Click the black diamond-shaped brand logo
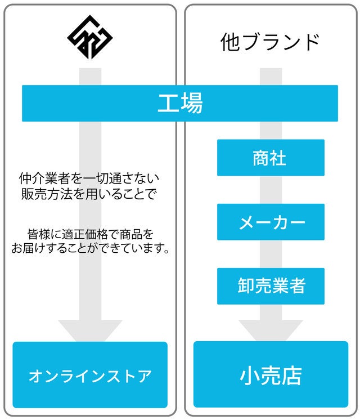pyautogui.click(x=89, y=37)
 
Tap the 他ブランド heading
pyautogui.click(x=270, y=42)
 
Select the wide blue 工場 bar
pyautogui.click(x=180, y=103)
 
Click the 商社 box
pyautogui.click(x=271, y=158)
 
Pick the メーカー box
pyautogui.click(x=271, y=222)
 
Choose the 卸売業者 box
pyautogui.click(x=271, y=286)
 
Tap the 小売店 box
pyautogui.click(x=271, y=374)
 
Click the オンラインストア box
pyautogui.click(x=90, y=375)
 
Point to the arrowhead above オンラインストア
pyautogui.click(x=90, y=330)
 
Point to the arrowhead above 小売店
pyautogui.click(x=271, y=330)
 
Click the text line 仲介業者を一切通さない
pyautogui.click(x=89, y=178)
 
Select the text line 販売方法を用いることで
pyautogui.click(x=89, y=194)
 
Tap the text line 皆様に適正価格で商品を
pyautogui.click(x=91, y=234)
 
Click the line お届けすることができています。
pyautogui.click(x=90, y=248)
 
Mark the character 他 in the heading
pyautogui.click(x=230, y=42)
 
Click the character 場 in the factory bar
pyautogui.click(x=192, y=103)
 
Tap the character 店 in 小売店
pyautogui.click(x=292, y=376)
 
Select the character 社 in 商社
pyautogui.click(x=278, y=158)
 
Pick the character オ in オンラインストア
pyautogui.click(x=35, y=376)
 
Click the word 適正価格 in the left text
pyautogui.click(x=85, y=234)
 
